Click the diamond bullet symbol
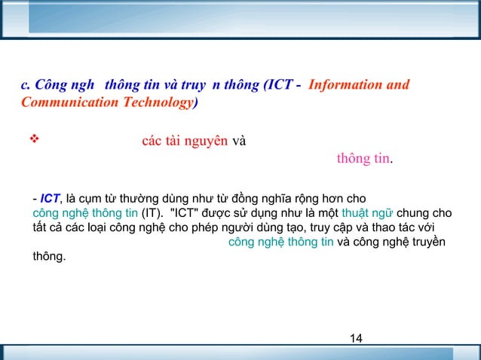[32, 140]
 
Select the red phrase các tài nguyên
[185, 141]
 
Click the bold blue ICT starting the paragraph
[50, 199]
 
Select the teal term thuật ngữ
[367, 213]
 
